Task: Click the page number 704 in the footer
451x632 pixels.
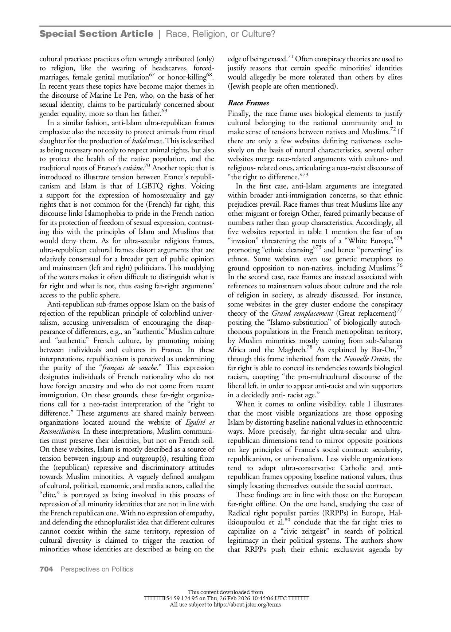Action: [x=46, y=569]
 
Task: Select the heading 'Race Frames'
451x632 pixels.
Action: [x=248, y=104]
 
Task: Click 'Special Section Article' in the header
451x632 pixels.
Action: [x=97, y=34]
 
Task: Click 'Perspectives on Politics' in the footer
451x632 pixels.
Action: [x=97, y=569]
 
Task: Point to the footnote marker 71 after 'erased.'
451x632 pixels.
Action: [x=291, y=56]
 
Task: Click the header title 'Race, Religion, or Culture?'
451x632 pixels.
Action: [x=220, y=34]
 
